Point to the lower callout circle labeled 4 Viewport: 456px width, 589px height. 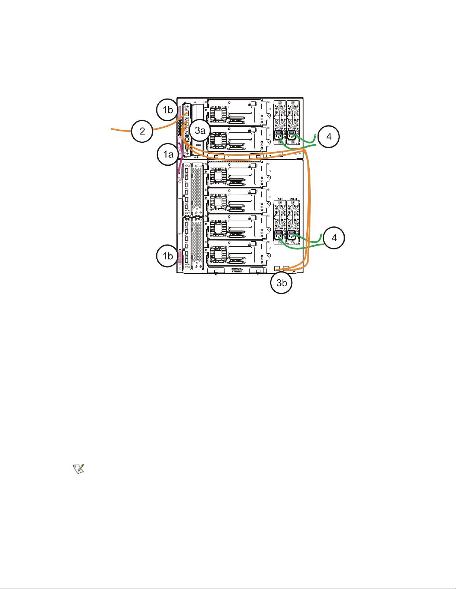click(334, 237)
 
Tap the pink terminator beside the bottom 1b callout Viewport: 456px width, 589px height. click(180, 257)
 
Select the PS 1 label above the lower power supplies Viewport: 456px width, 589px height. click(279, 199)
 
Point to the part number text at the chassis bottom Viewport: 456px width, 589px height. click(237, 270)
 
